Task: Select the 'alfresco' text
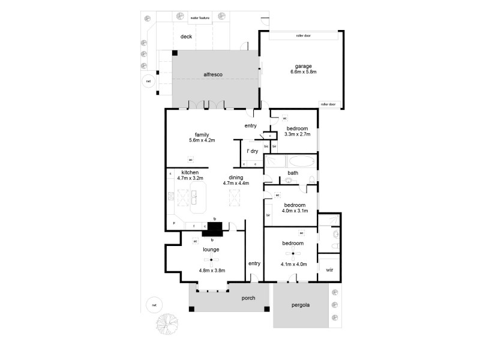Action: [x=213, y=74]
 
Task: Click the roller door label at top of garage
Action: [x=302, y=35]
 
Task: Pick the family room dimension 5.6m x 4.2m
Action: [x=201, y=140]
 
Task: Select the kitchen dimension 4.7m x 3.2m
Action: [x=190, y=178]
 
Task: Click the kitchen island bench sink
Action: [x=194, y=194]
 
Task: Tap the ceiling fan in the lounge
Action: [x=211, y=260]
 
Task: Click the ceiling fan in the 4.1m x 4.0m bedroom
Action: [x=293, y=254]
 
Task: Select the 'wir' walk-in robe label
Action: [x=329, y=270]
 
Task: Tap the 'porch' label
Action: [x=248, y=298]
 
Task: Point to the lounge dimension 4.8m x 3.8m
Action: [x=212, y=271]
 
